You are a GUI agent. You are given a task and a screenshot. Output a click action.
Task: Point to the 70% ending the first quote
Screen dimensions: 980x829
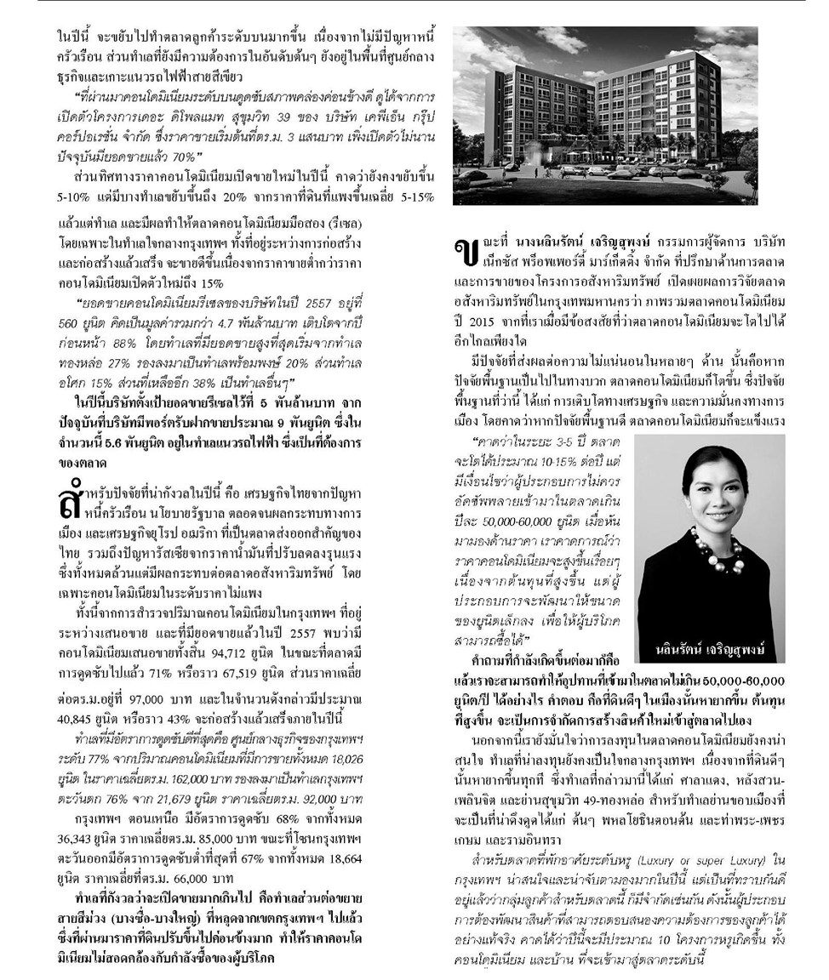coord(186,156)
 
